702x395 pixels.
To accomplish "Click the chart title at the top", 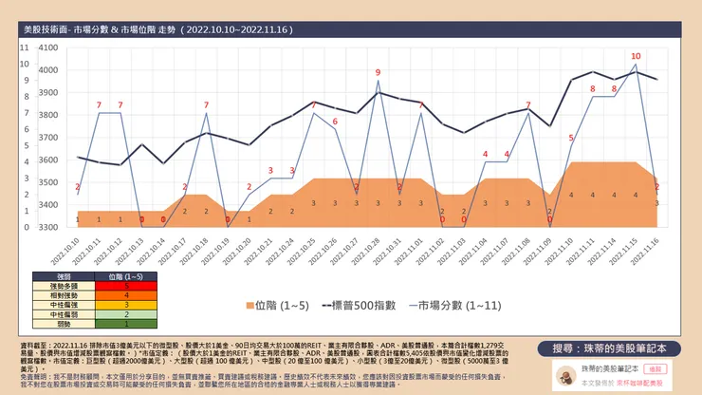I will click(157, 30).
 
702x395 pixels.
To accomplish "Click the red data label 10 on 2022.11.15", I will click(636, 56).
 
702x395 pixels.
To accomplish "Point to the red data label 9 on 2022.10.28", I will click(378, 72).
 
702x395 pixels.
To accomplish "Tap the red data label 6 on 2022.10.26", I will click(335, 122).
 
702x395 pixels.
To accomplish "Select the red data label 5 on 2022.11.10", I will click(571, 138).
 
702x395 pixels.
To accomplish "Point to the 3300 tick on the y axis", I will click(47, 228).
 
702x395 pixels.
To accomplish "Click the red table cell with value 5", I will click(126, 284).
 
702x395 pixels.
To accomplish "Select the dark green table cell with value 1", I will click(126, 322).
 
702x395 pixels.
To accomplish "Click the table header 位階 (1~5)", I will click(126, 275).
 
